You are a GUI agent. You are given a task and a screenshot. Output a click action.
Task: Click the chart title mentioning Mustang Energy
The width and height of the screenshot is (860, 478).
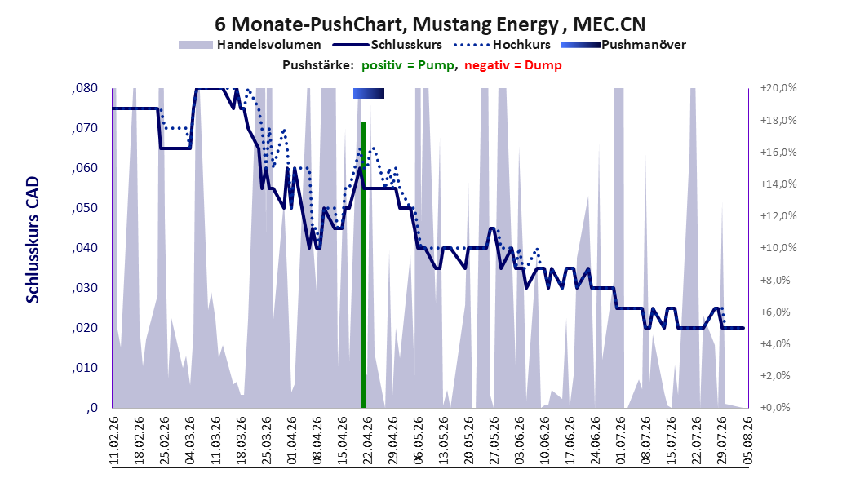(430, 24)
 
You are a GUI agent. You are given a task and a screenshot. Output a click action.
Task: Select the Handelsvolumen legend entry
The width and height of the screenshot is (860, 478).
(250, 45)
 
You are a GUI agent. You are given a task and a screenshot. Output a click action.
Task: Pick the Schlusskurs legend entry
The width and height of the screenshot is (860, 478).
(388, 45)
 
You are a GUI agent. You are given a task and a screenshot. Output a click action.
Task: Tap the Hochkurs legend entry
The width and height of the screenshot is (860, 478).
(502, 45)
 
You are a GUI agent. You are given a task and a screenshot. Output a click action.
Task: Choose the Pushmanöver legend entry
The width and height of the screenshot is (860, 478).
(623, 45)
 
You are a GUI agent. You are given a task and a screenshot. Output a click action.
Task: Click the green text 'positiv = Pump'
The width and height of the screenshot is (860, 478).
(408, 65)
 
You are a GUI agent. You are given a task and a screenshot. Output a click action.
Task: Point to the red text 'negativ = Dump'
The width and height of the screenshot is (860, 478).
(513, 65)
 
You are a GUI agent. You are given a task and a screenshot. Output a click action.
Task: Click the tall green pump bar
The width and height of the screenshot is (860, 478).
(363, 265)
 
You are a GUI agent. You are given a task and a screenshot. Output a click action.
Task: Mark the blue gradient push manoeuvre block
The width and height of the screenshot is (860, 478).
(369, 93)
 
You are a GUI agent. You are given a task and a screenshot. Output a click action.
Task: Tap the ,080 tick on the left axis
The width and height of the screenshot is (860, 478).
(85, 88)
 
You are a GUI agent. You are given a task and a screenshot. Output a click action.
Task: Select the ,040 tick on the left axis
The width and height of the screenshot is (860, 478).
(85, 248)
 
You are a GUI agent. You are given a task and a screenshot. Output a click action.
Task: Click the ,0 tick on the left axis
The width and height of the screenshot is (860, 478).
(91, 408)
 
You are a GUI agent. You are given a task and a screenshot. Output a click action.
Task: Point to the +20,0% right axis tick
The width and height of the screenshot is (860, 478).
(778, 88)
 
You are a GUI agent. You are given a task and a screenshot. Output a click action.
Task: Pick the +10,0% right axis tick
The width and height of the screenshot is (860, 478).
(778, 248)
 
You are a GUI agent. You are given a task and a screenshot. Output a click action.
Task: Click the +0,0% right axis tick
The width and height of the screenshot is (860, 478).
(775, 408)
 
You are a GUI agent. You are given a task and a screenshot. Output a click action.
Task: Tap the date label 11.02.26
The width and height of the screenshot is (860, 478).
(114, 440)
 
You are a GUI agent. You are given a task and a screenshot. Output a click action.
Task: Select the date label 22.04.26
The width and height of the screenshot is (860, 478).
(367, 440)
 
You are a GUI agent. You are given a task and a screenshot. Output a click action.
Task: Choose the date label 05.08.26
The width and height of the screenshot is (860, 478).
(747, 440)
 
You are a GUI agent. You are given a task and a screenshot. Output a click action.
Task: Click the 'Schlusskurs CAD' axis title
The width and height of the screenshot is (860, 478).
(33, 240)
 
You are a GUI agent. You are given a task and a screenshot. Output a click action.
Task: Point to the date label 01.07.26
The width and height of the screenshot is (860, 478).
(621, 440)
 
